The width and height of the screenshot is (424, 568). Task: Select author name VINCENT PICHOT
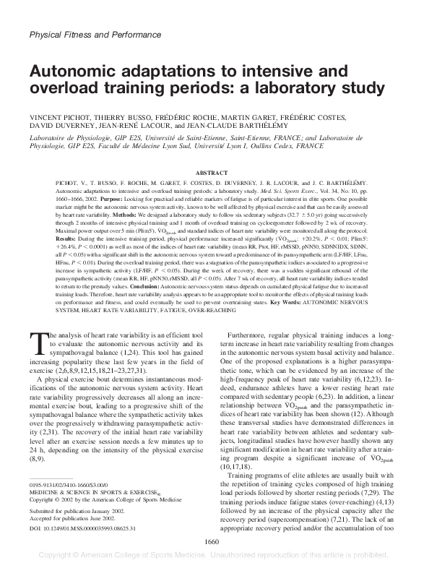coord(64,116)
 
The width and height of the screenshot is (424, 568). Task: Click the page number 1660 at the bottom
coord(212,542)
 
